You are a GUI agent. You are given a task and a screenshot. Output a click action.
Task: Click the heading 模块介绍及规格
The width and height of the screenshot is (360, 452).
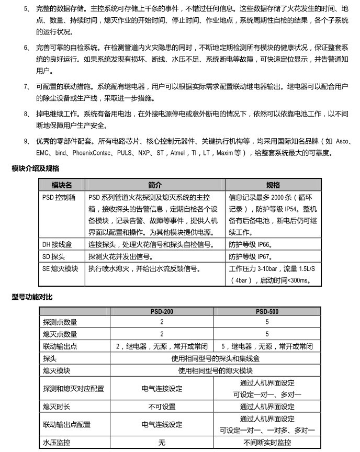tap(36, 168)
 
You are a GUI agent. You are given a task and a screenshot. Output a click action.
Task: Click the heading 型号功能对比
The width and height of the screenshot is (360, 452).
tap(32, 297)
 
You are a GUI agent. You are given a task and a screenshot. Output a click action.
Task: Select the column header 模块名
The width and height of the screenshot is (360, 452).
tap(62, 185)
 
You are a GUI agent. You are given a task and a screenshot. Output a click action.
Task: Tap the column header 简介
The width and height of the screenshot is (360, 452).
tap(155, 185)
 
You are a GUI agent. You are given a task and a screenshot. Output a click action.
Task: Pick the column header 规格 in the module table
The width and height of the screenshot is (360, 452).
tap(273, 185)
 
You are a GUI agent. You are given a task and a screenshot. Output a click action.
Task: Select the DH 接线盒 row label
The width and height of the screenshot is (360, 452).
tap(58, 244)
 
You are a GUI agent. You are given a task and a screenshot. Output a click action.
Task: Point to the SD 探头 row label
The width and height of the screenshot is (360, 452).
tap(54, 257)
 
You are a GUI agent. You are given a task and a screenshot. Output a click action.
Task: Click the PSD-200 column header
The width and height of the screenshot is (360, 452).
tap(162, 312)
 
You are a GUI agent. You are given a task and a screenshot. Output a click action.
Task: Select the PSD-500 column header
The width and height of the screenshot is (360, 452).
tap(267, 312)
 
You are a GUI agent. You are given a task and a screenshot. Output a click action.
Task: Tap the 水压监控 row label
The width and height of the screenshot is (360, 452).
tap(57, 442)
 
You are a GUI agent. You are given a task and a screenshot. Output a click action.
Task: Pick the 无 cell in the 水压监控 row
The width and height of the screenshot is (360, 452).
tap(162, 442)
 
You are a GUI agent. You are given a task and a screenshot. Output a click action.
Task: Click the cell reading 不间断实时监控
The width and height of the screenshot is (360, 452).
tap(267, 442)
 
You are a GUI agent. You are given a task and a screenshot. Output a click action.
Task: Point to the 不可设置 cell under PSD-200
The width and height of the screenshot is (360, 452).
tap(162, 406)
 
